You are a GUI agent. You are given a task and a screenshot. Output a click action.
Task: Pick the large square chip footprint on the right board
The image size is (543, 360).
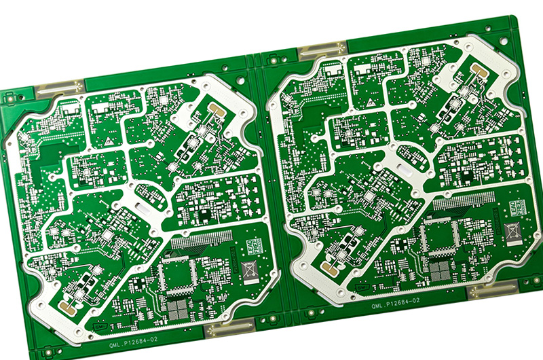coord(439,234)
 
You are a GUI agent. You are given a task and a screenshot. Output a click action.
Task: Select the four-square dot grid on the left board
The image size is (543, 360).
coord(178,310)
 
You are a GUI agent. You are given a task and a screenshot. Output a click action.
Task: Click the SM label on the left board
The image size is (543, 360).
coord(100,327)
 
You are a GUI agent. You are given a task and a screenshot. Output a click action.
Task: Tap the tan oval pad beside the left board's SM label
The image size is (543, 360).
coord(68,307)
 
